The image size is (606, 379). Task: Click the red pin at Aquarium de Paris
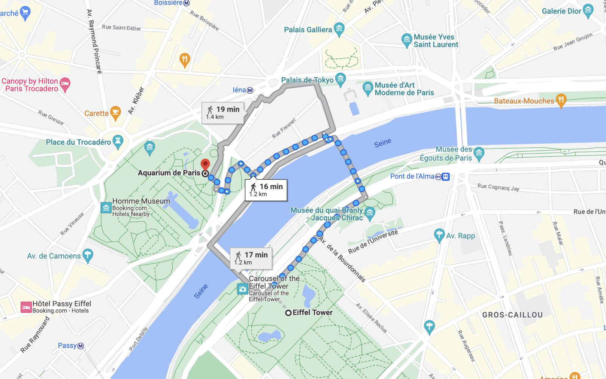205,164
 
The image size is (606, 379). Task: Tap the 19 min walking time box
223,113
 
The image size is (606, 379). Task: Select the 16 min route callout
266,190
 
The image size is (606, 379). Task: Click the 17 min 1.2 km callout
251,258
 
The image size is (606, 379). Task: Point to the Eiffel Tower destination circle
288,313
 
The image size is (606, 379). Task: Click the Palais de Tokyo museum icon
340,79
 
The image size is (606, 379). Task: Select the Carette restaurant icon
116,113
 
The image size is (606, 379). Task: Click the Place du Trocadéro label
78,142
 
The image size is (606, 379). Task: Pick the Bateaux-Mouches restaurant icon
561,100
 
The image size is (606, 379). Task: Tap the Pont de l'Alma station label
412,176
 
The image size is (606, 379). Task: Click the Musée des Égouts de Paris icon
479,153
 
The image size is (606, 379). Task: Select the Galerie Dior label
561,11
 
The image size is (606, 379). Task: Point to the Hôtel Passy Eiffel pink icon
26,307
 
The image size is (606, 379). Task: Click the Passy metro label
67,345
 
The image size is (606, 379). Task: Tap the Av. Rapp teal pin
439,235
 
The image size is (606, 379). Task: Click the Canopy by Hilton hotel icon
65,84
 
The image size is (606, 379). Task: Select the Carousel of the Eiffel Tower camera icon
242,289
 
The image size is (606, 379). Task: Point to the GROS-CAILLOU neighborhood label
512,315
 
